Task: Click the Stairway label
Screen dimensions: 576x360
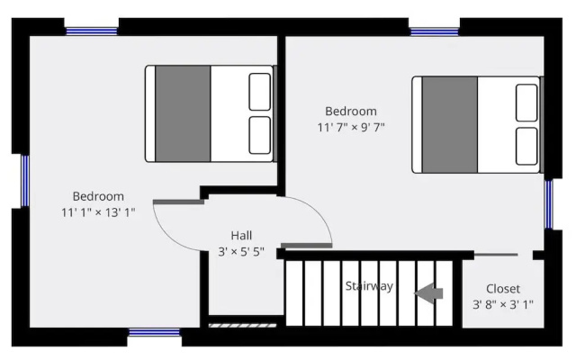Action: point(369,286)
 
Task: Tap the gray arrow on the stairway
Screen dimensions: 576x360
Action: point(428,293)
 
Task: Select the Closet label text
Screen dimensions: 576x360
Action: point(503,289)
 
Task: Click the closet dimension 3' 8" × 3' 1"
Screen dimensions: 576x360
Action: point(503,304)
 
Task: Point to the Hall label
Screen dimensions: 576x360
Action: point(241,236)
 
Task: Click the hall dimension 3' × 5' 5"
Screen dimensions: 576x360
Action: point(241,252)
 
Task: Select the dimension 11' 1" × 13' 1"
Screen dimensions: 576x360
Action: point(98,212)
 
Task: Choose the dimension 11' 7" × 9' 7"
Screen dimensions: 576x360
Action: point(351,127)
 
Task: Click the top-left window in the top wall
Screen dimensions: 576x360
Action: point(92,31)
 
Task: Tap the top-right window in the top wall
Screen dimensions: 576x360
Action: point(434,32)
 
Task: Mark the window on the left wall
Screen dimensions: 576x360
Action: point(25,181)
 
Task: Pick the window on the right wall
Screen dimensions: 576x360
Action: point(548,204)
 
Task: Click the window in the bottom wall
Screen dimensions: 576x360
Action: point(154,332)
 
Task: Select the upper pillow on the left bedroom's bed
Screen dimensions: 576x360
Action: point(260,92)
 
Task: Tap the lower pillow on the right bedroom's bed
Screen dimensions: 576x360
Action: point(526,146)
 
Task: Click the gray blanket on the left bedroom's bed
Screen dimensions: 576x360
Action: point(183,113)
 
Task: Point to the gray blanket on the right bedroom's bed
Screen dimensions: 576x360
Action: point(450,124)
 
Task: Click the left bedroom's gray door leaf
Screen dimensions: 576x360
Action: point(178,202)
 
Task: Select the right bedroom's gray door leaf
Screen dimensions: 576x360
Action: point(307,246)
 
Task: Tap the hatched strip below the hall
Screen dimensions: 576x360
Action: point(242,326)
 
